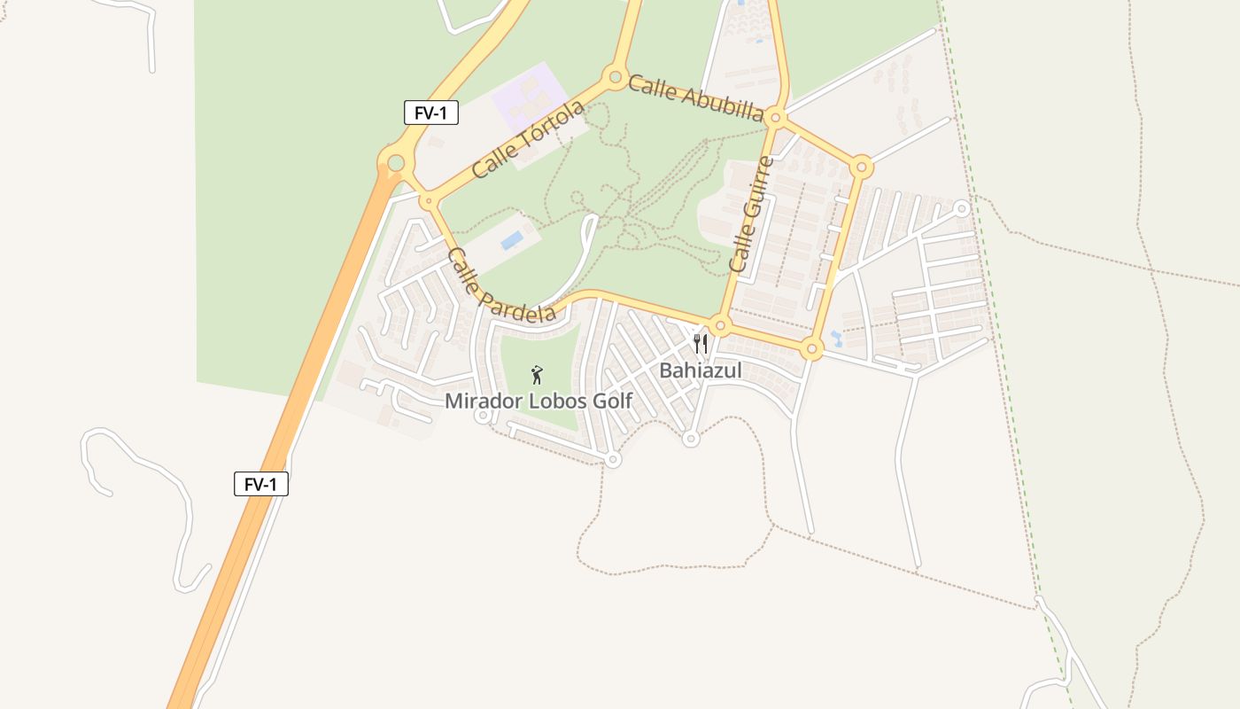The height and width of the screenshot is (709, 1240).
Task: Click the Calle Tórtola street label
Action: [529, 139]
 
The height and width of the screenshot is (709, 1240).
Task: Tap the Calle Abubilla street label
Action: [696, 98]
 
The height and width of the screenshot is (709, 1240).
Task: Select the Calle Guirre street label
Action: [751, 215]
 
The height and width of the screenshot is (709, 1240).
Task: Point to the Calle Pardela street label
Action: [501, 285]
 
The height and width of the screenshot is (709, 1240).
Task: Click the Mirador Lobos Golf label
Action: [539, 401]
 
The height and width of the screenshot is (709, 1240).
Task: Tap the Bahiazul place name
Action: [700, 370]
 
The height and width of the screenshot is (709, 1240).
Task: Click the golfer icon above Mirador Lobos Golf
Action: [536, 375]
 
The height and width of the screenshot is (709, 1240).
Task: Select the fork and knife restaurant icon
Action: [701, 343]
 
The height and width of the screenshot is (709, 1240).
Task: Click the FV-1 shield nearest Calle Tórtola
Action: [430, 113]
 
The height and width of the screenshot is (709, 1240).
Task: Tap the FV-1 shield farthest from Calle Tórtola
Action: [261, 484]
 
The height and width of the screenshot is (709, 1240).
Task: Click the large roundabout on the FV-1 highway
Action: [396, 163]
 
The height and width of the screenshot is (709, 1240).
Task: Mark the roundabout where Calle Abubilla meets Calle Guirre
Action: [776, 117]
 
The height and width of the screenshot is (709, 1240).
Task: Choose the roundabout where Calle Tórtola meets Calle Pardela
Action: [428, 202]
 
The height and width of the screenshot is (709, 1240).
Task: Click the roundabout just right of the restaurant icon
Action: [720, 326]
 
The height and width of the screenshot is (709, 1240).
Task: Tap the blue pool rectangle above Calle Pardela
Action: [511, 240]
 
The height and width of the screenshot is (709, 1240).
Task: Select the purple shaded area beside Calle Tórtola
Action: [529, 92]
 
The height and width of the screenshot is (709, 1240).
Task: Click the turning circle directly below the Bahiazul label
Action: [691, 438]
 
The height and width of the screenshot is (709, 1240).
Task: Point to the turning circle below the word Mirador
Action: [483, 417]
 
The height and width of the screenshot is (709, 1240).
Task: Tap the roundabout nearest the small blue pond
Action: [811, 350]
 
